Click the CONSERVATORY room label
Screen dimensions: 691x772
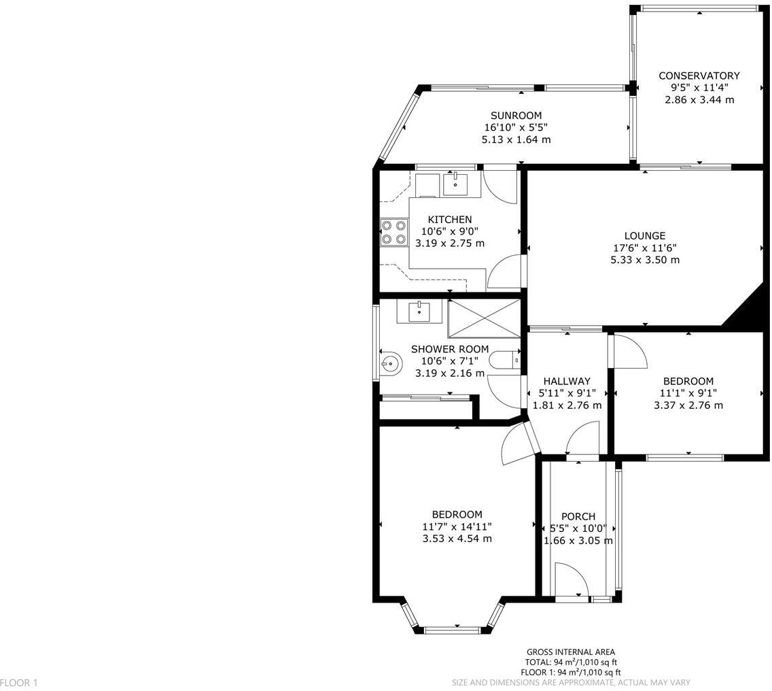point(699,75)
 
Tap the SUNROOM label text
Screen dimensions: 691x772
point(516,116)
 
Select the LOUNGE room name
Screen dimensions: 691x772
point(644,236)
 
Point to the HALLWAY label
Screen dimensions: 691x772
point(567,381)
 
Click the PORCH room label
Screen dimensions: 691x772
point(578,517)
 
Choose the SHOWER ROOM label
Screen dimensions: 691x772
point(449,349)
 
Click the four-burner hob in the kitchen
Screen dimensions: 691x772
point(393,232)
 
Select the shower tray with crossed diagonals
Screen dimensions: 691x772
point(484,317)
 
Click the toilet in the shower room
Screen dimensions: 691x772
point(506,360)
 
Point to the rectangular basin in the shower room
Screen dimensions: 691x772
point(419,312)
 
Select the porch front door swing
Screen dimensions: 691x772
point(571,580)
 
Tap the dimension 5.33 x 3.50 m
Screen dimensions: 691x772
point(644,260)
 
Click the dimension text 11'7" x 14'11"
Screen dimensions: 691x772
point(457,526)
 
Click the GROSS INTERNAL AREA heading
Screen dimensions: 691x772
point(570,652)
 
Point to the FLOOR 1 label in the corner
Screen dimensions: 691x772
point(19,682)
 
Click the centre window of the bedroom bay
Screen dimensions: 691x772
point(456,630)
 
